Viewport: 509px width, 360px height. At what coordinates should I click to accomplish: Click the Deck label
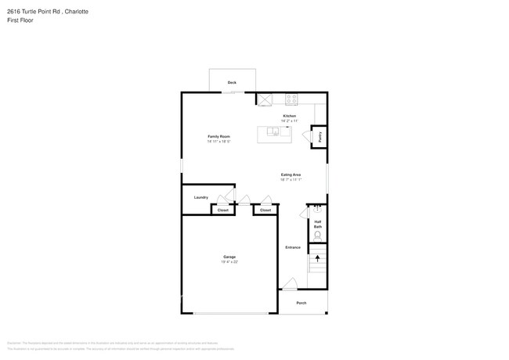click(232, 82)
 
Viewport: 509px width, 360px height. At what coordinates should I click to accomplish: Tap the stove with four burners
click(291, 99)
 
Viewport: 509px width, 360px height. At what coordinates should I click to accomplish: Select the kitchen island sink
click(275, 131)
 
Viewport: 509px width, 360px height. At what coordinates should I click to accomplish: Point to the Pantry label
click(319, 137)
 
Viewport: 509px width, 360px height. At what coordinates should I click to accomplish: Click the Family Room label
click(218, 136)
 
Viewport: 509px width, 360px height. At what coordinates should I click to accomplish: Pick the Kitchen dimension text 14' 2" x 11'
click(289, 121)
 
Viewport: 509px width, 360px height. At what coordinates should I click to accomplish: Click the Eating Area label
click(291, 175)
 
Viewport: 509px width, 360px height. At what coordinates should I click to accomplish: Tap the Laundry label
click(201, 197)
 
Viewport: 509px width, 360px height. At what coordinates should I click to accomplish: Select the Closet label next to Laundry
click(223, 210)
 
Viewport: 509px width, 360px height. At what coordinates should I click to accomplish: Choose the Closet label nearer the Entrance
click(265, 210)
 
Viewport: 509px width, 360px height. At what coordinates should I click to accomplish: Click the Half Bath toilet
click(318, 234)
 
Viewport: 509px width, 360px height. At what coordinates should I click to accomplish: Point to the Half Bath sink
click(318, 209)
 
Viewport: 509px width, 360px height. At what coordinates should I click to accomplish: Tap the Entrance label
click(292, 247)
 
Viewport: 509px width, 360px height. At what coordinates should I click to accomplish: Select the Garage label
click(229, 257)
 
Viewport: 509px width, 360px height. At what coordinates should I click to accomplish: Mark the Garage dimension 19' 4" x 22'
click(229, 262)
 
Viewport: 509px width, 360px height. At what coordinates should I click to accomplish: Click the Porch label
click(301, 303)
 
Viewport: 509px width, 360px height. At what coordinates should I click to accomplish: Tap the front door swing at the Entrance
click(290, 284)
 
